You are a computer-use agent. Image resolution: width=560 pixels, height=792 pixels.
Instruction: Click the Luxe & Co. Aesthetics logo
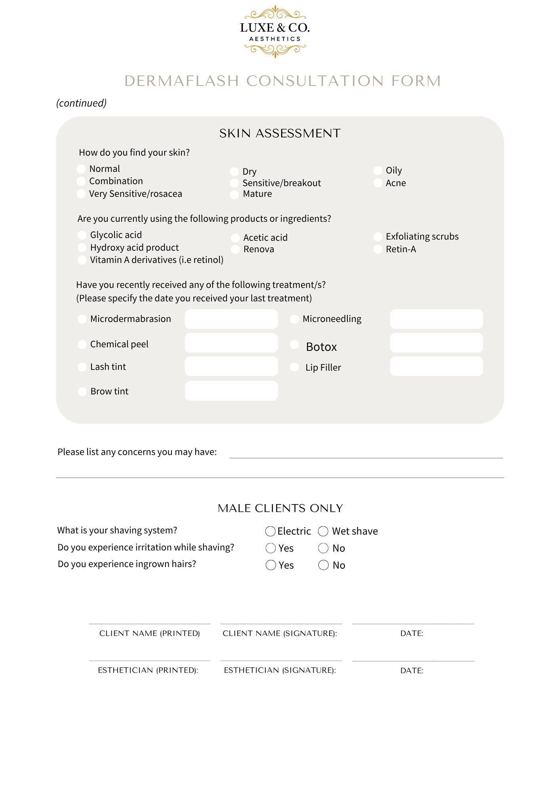275,32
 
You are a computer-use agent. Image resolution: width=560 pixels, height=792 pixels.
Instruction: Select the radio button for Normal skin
81,169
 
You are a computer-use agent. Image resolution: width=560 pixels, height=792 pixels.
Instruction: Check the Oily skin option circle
378,171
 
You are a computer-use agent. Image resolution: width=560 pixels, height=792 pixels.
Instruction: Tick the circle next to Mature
234,194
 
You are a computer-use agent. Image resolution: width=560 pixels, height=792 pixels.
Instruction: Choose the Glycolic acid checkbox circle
82,235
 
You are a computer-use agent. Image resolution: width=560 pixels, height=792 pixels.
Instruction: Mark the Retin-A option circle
378,249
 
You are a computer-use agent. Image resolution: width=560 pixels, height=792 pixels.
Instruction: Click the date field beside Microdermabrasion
231,319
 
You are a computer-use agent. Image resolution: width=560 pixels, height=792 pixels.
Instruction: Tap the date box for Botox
436,343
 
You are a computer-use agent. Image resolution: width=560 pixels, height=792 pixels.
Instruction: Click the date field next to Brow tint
231,391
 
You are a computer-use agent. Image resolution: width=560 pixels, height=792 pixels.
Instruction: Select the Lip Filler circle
294,367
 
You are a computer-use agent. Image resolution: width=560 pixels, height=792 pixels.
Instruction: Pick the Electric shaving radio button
270,531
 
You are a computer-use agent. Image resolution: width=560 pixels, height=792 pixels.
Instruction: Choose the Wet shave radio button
323,531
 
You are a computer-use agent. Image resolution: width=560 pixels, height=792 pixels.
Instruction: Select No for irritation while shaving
324,548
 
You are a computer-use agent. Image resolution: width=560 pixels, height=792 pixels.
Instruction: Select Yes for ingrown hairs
271,565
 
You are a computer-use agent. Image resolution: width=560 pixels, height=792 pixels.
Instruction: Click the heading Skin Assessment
280,133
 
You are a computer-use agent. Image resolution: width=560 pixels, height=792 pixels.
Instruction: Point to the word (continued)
82,103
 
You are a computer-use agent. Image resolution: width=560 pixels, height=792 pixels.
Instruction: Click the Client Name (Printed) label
150,633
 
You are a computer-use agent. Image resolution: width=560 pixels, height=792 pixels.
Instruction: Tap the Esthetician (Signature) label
280,670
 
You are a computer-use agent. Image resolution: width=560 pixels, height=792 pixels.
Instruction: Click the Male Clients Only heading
280,508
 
